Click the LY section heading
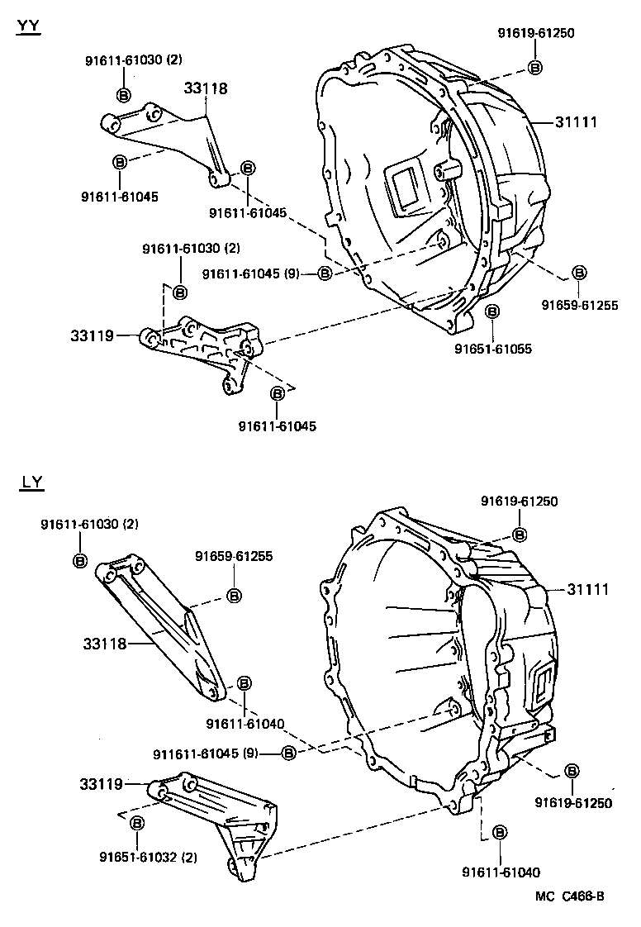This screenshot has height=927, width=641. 31,483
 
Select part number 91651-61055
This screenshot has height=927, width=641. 493,349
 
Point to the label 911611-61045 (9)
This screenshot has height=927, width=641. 206,753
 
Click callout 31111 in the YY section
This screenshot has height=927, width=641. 576,122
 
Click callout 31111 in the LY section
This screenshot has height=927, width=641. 587,589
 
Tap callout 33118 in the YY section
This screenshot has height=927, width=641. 206,88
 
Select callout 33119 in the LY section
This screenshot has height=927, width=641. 102,783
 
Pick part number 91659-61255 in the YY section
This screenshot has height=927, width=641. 580,305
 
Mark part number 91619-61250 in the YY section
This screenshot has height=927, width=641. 535,33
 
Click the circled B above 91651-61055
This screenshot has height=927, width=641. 492,311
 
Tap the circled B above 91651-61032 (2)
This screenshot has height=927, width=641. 137,823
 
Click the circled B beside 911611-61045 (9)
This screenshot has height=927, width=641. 288,753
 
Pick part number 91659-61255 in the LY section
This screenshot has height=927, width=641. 234,557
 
